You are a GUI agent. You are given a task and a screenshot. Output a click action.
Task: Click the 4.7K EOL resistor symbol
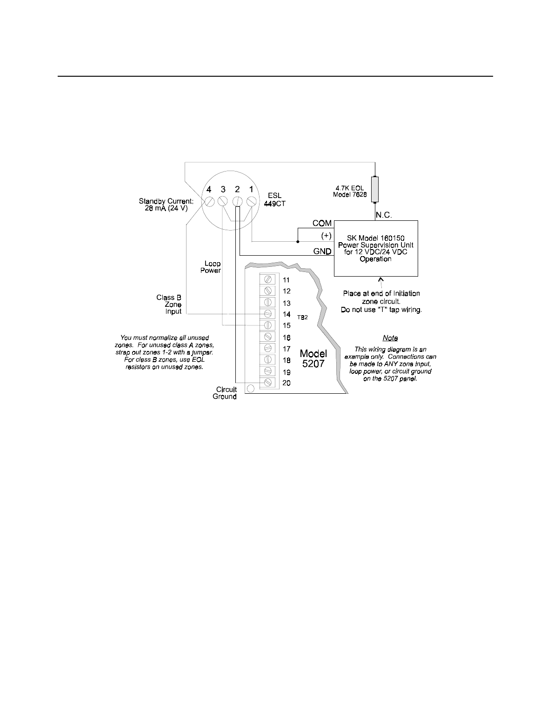click(375, 189)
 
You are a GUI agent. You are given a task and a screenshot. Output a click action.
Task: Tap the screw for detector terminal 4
click(209, 201)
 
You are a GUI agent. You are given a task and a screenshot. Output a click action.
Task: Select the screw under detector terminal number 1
click(251, 201)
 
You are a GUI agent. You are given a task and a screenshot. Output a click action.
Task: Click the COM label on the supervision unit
click(322, 224)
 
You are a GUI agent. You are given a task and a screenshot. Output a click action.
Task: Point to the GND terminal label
click(322, 251)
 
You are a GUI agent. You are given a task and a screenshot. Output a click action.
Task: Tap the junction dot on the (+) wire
click(298, 242)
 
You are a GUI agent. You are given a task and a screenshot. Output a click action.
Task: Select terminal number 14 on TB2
click(287, 314)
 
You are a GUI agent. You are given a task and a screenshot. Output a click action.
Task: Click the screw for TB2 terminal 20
click(268, 382)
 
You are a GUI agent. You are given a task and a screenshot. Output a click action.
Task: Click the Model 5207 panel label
click(313, 358)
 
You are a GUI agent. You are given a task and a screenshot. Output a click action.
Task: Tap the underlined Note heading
click(390, 338)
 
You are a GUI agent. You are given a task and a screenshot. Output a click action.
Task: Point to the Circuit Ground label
click(225, 393)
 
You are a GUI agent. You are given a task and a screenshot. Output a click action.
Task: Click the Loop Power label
click(212, 267)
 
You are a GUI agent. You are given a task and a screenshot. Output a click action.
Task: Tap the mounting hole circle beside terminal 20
click(251, 388)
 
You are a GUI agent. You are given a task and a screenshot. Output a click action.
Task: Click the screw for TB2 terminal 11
click(268, 279)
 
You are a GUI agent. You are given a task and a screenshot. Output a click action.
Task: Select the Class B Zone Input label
click(169, 304)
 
